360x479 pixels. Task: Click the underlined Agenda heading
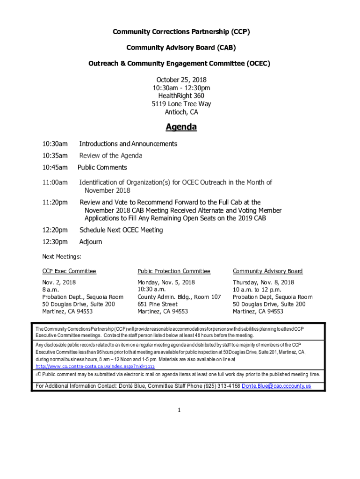[181, 127]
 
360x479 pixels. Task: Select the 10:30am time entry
[55, 144]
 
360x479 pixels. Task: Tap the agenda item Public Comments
[102, 167]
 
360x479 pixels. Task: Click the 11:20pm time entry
[55, 203]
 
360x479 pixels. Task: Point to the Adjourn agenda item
[91, 242]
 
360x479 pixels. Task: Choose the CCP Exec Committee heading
[69, 271]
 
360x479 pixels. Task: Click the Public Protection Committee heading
[174, 271]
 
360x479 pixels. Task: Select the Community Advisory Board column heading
[267, 271]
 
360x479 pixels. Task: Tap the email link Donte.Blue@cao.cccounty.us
[276, 386]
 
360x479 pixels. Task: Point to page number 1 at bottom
[179, 410]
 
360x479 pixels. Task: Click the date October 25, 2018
[181, 80]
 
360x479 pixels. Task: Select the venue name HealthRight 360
[181, 96]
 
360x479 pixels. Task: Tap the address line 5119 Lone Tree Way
[181, 104]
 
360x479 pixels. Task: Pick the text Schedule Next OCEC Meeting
[121, 230]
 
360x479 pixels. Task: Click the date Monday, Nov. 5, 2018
[166, 283]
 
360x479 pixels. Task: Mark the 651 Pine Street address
[158, 304]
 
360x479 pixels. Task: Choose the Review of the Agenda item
[111, 156]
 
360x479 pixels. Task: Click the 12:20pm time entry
[55, 230]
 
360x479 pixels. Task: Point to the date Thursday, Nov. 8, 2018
[264, 283]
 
